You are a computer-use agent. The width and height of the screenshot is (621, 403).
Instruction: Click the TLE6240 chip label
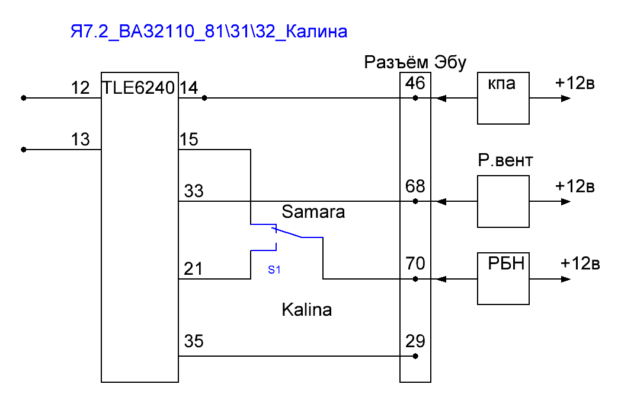click(139, 88)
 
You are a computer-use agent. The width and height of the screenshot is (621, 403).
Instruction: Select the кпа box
click(503, 99)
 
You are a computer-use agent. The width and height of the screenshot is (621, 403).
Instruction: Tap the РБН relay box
click(503, 278)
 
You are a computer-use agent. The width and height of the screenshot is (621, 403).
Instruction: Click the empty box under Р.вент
click(503, 202)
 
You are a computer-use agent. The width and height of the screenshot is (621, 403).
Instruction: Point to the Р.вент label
click(505, 161)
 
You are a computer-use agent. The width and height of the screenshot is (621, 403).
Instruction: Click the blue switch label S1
click(274, 269)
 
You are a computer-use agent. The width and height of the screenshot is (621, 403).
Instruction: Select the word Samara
click(313, 212)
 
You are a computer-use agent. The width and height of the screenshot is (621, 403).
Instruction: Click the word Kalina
click(306, 309)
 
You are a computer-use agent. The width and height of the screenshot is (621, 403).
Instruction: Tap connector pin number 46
click(415, 83)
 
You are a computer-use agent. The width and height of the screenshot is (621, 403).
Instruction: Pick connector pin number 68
click(415, 186)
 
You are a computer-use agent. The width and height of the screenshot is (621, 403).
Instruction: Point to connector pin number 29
click(415, 341)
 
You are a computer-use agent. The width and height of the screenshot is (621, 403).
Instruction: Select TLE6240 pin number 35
click(194, 342)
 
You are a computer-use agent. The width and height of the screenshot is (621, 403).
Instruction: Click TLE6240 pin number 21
click(193, 269)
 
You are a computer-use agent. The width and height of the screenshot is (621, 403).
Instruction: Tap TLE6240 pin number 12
click(80, 88)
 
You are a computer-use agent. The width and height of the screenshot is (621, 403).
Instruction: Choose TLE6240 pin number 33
click(194, 191)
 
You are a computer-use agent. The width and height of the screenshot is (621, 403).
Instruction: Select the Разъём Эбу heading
click(415, 62)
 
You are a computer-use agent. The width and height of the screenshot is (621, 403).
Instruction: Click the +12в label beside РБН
click(581, 262)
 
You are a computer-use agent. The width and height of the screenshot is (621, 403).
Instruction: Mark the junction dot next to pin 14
click(204, 98)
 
